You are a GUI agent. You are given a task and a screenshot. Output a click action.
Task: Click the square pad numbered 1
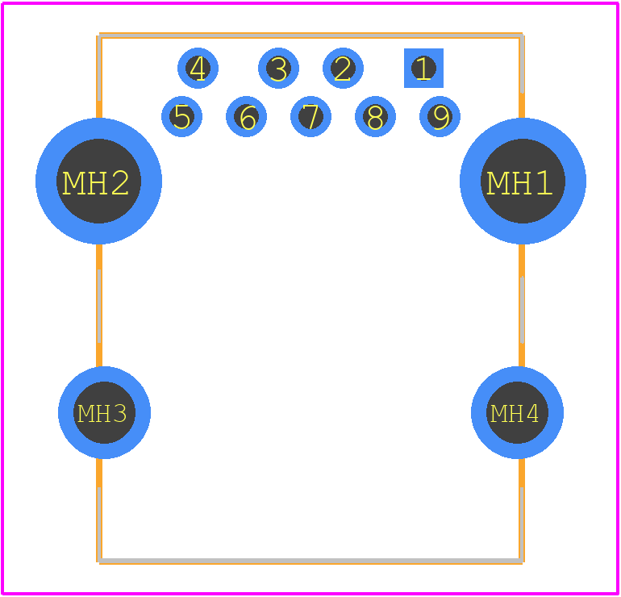click(x=423, y=68)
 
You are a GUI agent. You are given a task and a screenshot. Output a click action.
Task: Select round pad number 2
click(x=343, y=68)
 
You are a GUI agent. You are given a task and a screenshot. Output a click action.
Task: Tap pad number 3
click(x=278, y=68)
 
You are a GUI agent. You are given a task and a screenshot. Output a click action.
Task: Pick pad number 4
click(x=198, y=68)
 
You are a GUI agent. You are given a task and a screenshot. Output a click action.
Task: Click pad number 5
click(x=181, y=116)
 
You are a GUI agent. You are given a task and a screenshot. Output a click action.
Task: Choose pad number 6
click(x=246, y=116)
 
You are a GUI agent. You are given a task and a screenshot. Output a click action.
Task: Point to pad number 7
click(x=310, y=116)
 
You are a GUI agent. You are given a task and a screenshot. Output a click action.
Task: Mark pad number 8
click(x=375, y=116)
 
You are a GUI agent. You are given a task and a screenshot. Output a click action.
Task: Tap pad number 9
click(x=440, y=116)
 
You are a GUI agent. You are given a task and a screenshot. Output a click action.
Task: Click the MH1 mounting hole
click(x=523, y=181)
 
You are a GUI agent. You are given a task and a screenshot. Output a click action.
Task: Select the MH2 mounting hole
click(x=98, y=181)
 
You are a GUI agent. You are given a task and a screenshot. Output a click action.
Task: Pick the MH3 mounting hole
click(x=104, y=412)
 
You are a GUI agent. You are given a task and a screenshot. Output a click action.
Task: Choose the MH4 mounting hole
click(x=517, y=412)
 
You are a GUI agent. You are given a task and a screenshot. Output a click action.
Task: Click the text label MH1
click(x=519, y=183)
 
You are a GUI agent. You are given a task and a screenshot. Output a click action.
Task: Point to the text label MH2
click(x=95, y=183)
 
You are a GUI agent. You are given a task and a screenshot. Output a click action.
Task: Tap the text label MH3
click(x=102, y=414)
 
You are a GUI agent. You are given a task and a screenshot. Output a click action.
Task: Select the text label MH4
click(x=515, y=414)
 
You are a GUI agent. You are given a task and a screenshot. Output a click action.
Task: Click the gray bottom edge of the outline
click(x=310, y=561)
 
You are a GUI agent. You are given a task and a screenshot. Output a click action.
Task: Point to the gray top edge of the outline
click(x=310, y=36)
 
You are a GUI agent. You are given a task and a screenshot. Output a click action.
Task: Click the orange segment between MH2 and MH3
click(x=99, y=306)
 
